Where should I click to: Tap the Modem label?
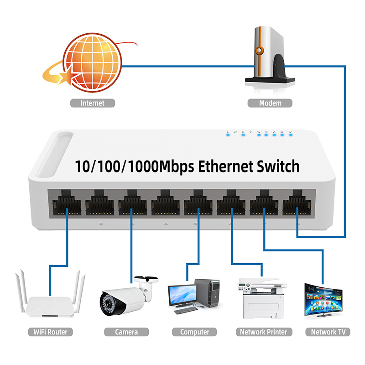[x=270, y=103]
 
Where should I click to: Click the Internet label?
[x=93, y=103]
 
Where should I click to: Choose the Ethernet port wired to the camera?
[x=132, y=204]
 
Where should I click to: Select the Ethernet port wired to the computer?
[x=198, y=204]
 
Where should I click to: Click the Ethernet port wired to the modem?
[x=297, y=204]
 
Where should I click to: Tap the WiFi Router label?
[x=50, y=332]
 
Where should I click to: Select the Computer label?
[x=194, y=332]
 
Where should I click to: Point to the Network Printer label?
[x=264, y=332]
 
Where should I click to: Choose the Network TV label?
[x=330, y=332]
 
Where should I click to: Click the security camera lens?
[x=109, y=302]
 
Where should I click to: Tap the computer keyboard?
[x=187, y=310]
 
